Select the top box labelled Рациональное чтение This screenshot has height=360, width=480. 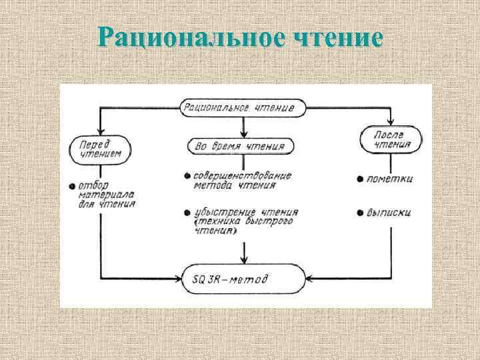tap(243, 107)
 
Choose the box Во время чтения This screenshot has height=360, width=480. tap(243, 146)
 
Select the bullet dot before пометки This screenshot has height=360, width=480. tap(359, 179)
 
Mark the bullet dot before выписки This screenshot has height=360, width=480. tap(359, 213)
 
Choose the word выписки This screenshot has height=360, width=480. tap(390, 213)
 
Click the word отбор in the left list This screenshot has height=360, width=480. tap(91, 185)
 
